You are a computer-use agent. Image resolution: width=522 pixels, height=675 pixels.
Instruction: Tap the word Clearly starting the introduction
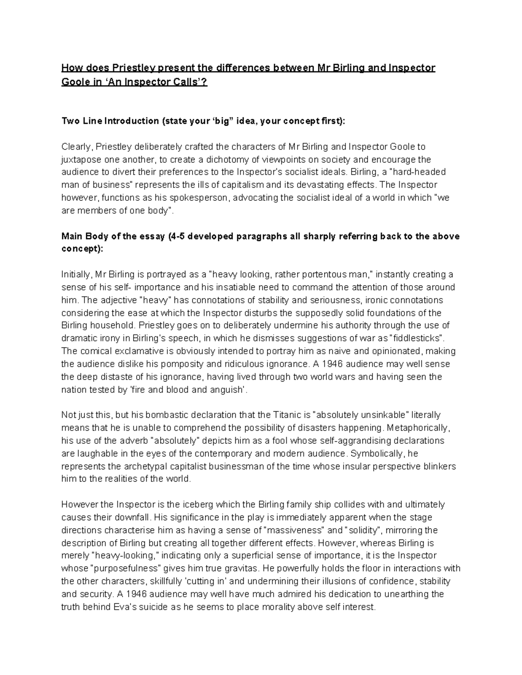click(76, 147)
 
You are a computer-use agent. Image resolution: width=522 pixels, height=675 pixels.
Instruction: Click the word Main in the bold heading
click(71, 236)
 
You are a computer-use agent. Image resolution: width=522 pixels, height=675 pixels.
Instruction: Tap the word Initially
click(76, 275)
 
